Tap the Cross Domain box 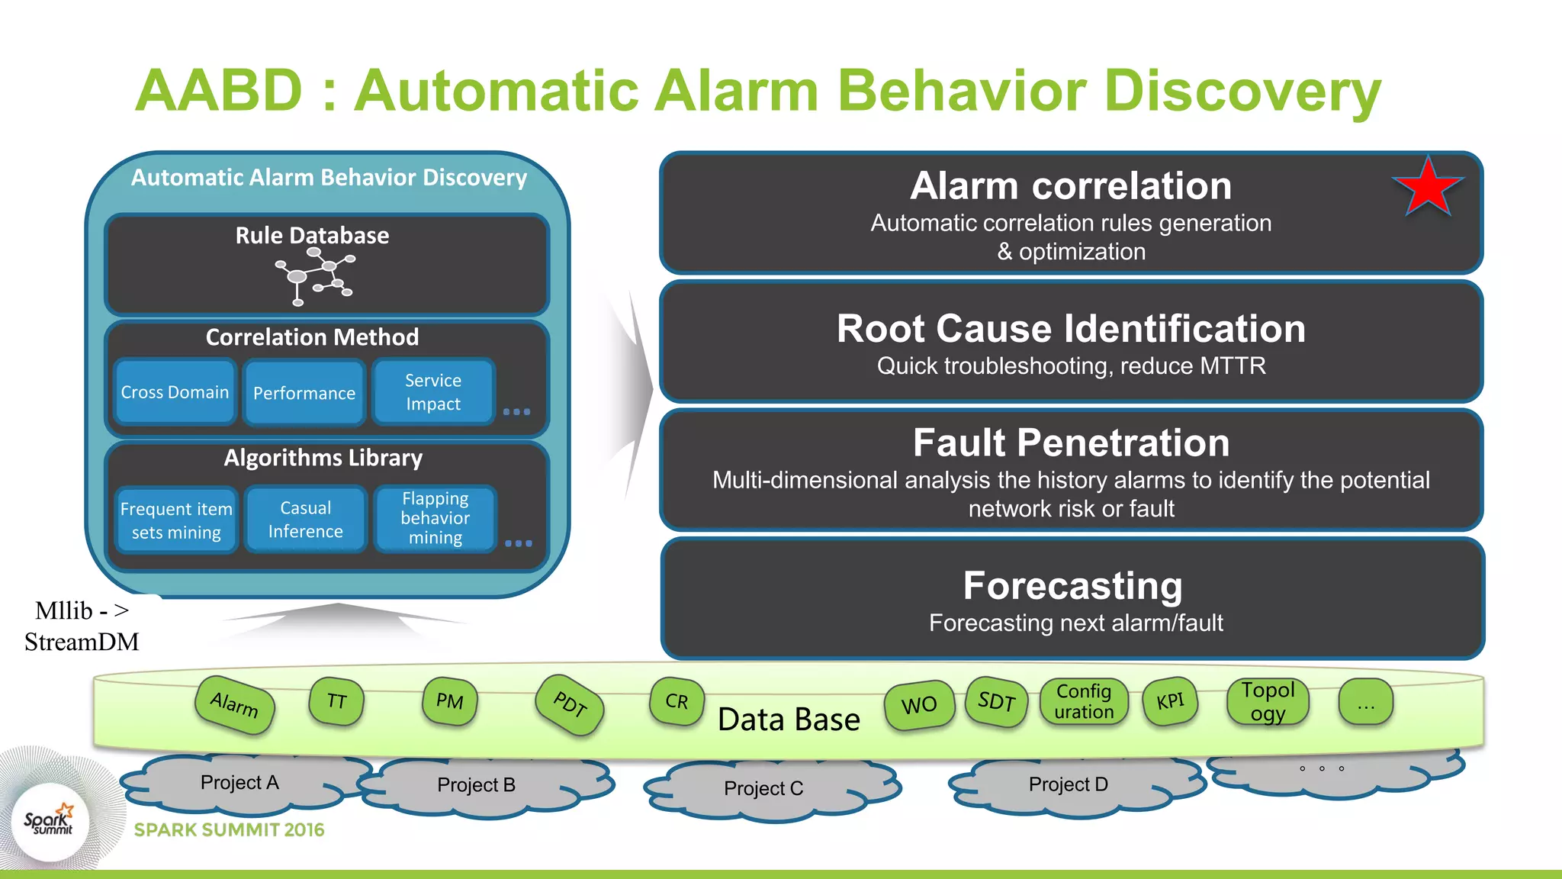point(175,392)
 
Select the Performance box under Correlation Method point(304,393)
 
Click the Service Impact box point(433,392)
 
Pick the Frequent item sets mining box point(176,520)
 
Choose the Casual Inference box point(306,520)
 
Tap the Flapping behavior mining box point(435,519)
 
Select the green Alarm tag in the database point(234,704)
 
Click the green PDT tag point(570,704)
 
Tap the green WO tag point(919,705)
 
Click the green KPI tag point(1170,701)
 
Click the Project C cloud point(763,788)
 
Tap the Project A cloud point(239,782)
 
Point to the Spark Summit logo point(50,822)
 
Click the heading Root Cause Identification point(1071,329)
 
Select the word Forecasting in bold point(1072,586)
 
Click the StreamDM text point(82,642)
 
